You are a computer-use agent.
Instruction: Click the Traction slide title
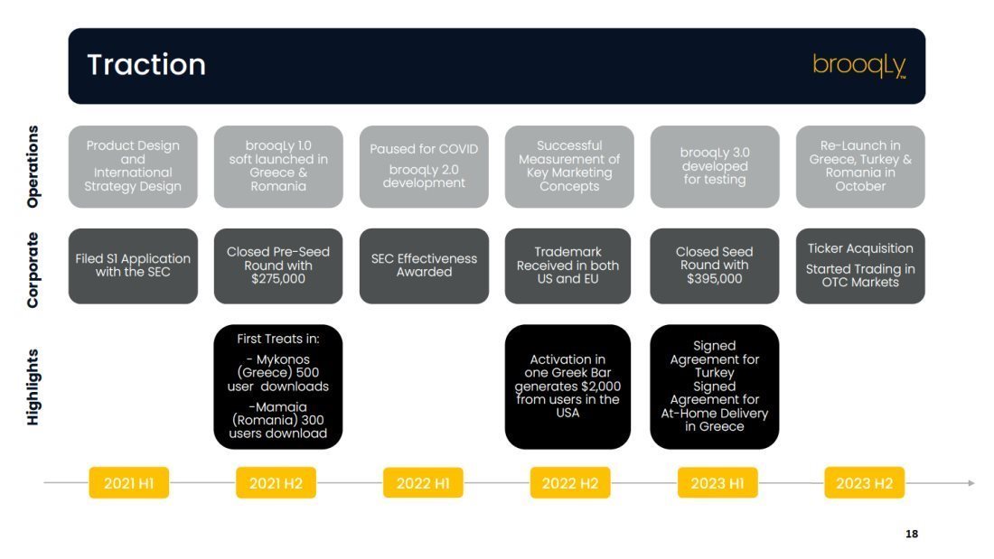pyautogui.click(x=146, y=65)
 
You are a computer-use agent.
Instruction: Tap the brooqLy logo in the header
pyautogui.click(x=859, y=66)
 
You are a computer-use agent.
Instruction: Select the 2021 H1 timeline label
pyautogui.click(x=128, y=483)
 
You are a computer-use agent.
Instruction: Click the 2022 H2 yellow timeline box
pyautogui.click(x=570, y=483)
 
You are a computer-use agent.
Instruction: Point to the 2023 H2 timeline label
pyautogui.click(x=864, y=483)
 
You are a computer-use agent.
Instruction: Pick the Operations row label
pyautogui.click(x=33, y=167)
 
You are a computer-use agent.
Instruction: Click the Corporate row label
pyautogui.click(x=33, y=270)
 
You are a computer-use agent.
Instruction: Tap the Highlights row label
pyautogui.click(x=33, y=387)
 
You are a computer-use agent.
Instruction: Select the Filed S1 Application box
pyautogui.click(x=133, y=266)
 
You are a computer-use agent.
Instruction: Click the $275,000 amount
pyautogui.click(x=277, y=279)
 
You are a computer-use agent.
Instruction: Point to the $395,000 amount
pyautogui.click(x=715, y=279)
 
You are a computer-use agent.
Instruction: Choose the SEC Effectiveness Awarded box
pyautogui.click(x=424, y=266)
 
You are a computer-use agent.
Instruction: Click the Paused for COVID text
pyautogui.click(x=424, y=149)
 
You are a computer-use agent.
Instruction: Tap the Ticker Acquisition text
pyautogui.click(x=860, y=248)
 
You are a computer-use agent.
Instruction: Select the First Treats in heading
pyautogui.click(x=277, y=339)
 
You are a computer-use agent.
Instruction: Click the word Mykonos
pyautogui.click(x=283, y=359)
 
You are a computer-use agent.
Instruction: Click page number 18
pyautogui.click(x=912, y=534)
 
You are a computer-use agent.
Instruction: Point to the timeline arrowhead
pyautogui.click(x=971, y=483)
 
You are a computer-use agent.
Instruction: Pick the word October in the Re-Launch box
pyautogui.click(x=860, y=186)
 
